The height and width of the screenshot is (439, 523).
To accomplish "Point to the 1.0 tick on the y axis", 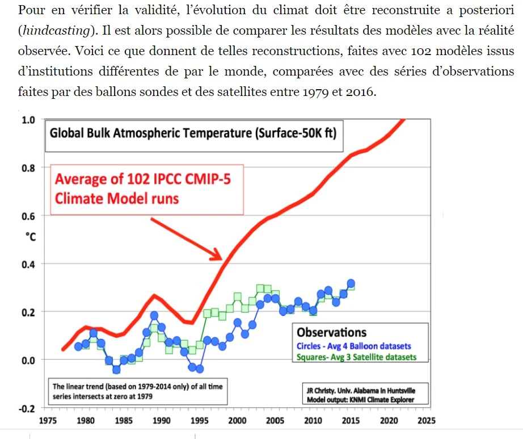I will [x=28, y=120].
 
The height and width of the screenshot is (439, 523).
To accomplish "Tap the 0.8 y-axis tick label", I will [x=28, y=168].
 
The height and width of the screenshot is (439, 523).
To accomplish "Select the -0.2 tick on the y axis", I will [x=27, y=408].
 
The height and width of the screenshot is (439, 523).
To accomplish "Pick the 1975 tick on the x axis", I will [x=48, y=421].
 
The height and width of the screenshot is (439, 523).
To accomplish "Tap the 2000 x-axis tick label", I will [x=237, y=421].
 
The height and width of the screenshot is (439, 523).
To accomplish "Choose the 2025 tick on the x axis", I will [x=426, y=421].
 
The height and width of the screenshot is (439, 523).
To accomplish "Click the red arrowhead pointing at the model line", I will [x=216, y=255].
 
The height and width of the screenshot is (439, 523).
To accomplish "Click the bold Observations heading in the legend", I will [x=332, y=333].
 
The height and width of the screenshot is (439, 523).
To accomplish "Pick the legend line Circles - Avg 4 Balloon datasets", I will [x=354, y=346].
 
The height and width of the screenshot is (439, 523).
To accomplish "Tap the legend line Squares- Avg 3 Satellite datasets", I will [x=356, y=357].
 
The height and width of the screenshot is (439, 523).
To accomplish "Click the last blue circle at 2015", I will [x=351, y=283].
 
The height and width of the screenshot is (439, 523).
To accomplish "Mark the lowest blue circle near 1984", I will [x=116, y=370].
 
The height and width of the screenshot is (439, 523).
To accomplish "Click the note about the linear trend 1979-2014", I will [x=137, y=391].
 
